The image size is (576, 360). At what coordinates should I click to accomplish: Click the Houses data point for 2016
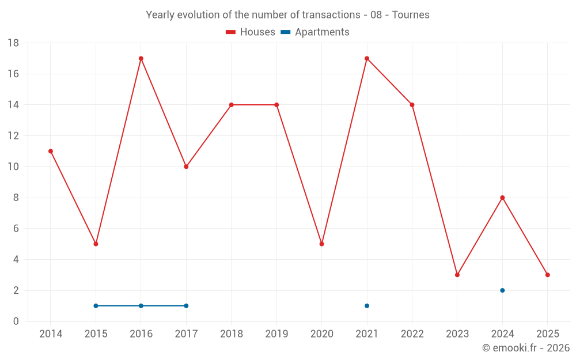coord(141,58)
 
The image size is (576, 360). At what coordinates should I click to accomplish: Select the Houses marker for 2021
coord(367,58)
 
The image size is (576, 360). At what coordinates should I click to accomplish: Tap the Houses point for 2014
coord(51,151)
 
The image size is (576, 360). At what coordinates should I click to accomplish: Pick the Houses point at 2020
coord(321,244)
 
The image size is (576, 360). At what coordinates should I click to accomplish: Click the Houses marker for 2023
coord(457,275)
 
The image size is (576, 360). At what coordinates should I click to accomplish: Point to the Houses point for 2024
coord(502,198)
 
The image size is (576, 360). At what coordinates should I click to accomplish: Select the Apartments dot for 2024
coord(502,290)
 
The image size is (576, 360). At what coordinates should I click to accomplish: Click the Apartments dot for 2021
coord(367,306)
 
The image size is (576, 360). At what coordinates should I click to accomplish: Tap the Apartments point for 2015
coord(96,306)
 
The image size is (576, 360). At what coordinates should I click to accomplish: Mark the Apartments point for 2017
coord(186,306)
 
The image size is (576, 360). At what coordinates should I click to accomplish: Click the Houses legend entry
coord(251,32)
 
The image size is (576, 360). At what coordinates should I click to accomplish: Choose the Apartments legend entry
coord(315,32)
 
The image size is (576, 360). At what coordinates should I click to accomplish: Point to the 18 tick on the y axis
coord(13,43)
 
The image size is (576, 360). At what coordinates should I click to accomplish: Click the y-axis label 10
coord(13,167)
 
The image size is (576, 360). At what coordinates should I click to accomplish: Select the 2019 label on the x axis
coord(276,334)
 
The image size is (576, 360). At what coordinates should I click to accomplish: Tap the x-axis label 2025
coord(547,334)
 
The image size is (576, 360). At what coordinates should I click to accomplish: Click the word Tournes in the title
coord(411,15)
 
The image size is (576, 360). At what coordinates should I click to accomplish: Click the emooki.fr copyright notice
coord(526,348)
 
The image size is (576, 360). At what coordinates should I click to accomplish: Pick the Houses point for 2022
coord(412,105)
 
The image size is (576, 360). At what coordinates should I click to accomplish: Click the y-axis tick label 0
coord(16,321)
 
